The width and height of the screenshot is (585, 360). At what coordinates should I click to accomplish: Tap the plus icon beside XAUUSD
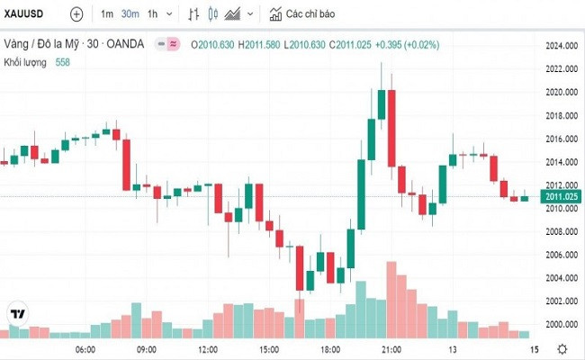[76, 14]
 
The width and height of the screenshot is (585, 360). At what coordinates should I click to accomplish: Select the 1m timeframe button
[107, 14]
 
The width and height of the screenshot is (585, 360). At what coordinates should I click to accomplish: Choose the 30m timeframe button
[130, 14]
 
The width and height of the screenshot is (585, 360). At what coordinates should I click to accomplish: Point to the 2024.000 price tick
[560, 45]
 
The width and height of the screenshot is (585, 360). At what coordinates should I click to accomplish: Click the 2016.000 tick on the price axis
[560, 139]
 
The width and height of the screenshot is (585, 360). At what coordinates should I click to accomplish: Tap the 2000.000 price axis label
[560, 324]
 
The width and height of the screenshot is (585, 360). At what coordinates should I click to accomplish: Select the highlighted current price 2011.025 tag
[559, 196]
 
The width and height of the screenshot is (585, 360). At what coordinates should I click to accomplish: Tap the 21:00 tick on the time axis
[391, 348]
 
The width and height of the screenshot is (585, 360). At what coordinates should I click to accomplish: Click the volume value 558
[62, 61]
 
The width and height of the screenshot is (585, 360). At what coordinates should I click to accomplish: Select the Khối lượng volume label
[25, 61]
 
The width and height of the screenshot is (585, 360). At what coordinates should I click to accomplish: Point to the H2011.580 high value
[258, 43]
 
